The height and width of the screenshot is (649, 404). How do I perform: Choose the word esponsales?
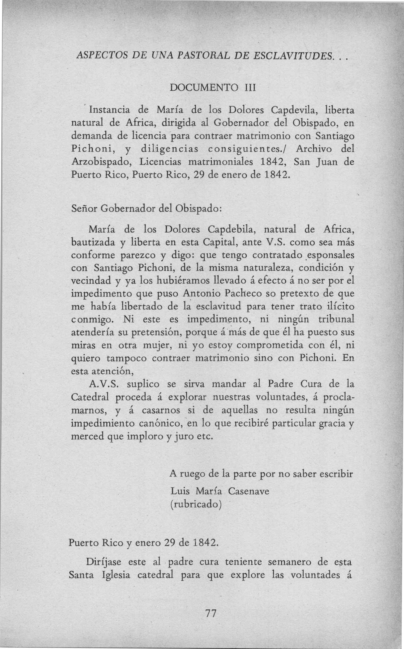[x=331, y=255]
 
